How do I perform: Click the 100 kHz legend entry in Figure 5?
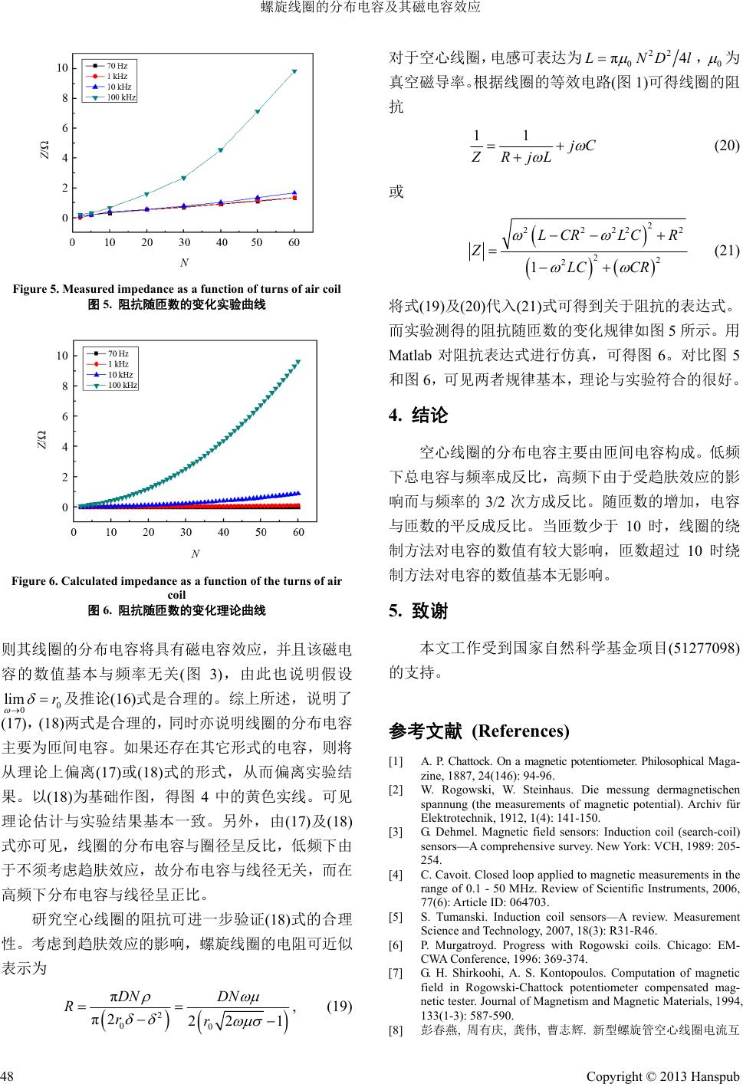[x=120, y=97]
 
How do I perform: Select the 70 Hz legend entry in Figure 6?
[x=117, y=353]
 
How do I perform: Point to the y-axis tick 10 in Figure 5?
[x=62, y=68]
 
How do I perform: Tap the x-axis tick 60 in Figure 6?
[x=298, y=531]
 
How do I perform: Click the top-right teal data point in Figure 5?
[x=294, y=71]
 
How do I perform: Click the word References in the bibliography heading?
[x=521, y=730]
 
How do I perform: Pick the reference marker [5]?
[x=396, y=916]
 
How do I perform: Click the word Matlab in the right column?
[x=410, y=356]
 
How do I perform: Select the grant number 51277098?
[x=704, y=648]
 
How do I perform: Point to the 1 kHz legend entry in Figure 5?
[x=117, y=77]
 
